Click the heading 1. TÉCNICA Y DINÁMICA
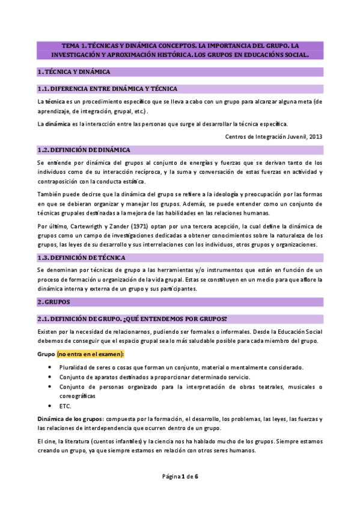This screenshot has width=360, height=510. pos(74,72)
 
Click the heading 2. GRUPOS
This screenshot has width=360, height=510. pos(54,301)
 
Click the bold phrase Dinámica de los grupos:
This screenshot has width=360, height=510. pos(70,419)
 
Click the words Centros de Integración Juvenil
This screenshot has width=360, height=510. pos(265,137)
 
